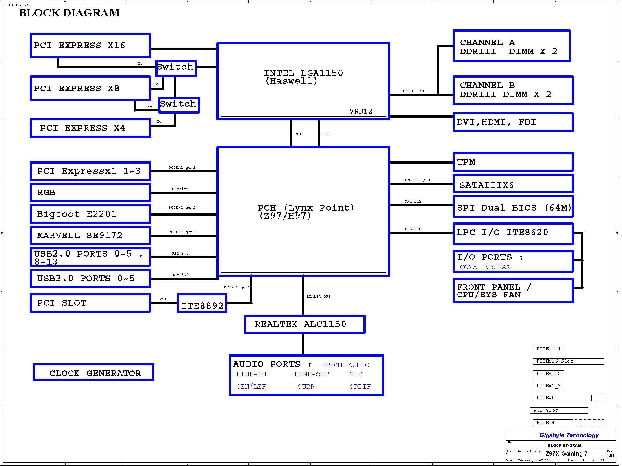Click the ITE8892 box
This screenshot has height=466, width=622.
[x=202, y=303]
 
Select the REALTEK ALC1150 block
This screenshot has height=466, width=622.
[x=305, y=324]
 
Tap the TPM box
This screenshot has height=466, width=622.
[x=513, y=162]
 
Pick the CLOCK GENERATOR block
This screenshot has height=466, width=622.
[x=93, y=372]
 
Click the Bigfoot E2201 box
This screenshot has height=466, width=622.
[x=90, y=214]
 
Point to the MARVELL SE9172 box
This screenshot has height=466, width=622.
[x=90, y=235]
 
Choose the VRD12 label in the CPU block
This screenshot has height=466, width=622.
[x=360, y=112]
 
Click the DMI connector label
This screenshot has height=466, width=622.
[x=325, y=134]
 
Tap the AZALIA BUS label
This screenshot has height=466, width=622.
[x=318, y=296]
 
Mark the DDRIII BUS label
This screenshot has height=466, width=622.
[x=413, y=91]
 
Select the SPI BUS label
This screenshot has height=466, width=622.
[x=413, y=201]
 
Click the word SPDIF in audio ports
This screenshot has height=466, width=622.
[x=360, y=387]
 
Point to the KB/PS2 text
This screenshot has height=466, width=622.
[x=497, y=267]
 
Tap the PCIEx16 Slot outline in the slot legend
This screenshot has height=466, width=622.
[x=568, y=361]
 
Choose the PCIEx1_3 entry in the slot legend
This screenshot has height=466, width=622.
[x=548, y=386]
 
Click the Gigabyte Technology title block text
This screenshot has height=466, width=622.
[x=569, y=435]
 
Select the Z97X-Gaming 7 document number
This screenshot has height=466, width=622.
[x=566, y=454]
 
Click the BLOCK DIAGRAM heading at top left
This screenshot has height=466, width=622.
[x=69, y=13]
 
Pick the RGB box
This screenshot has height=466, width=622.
[x=90, y=193]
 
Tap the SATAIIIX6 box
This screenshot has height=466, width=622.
[x=513, y=184]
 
